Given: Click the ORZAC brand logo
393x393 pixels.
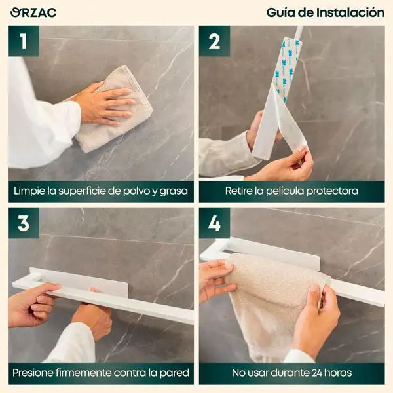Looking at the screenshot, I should (33, 12).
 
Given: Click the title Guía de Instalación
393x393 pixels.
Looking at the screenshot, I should (325, 12).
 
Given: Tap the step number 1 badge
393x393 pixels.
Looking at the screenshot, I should (24, 41).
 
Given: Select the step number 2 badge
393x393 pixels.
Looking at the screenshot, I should (214, 41).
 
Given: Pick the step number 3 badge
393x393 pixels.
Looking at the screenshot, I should (24, 223).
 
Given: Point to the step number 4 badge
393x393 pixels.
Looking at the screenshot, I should (214, 223).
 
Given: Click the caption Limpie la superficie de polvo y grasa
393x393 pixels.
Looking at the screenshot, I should (101, 191).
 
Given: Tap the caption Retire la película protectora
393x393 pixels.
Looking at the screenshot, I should (291, 191).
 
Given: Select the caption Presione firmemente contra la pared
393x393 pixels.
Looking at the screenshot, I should (101, 373).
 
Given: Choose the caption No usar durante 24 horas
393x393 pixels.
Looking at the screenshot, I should (291, 373).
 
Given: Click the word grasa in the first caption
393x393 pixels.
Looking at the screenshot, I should (174, 191).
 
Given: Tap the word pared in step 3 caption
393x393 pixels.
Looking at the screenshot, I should (175, 373).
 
